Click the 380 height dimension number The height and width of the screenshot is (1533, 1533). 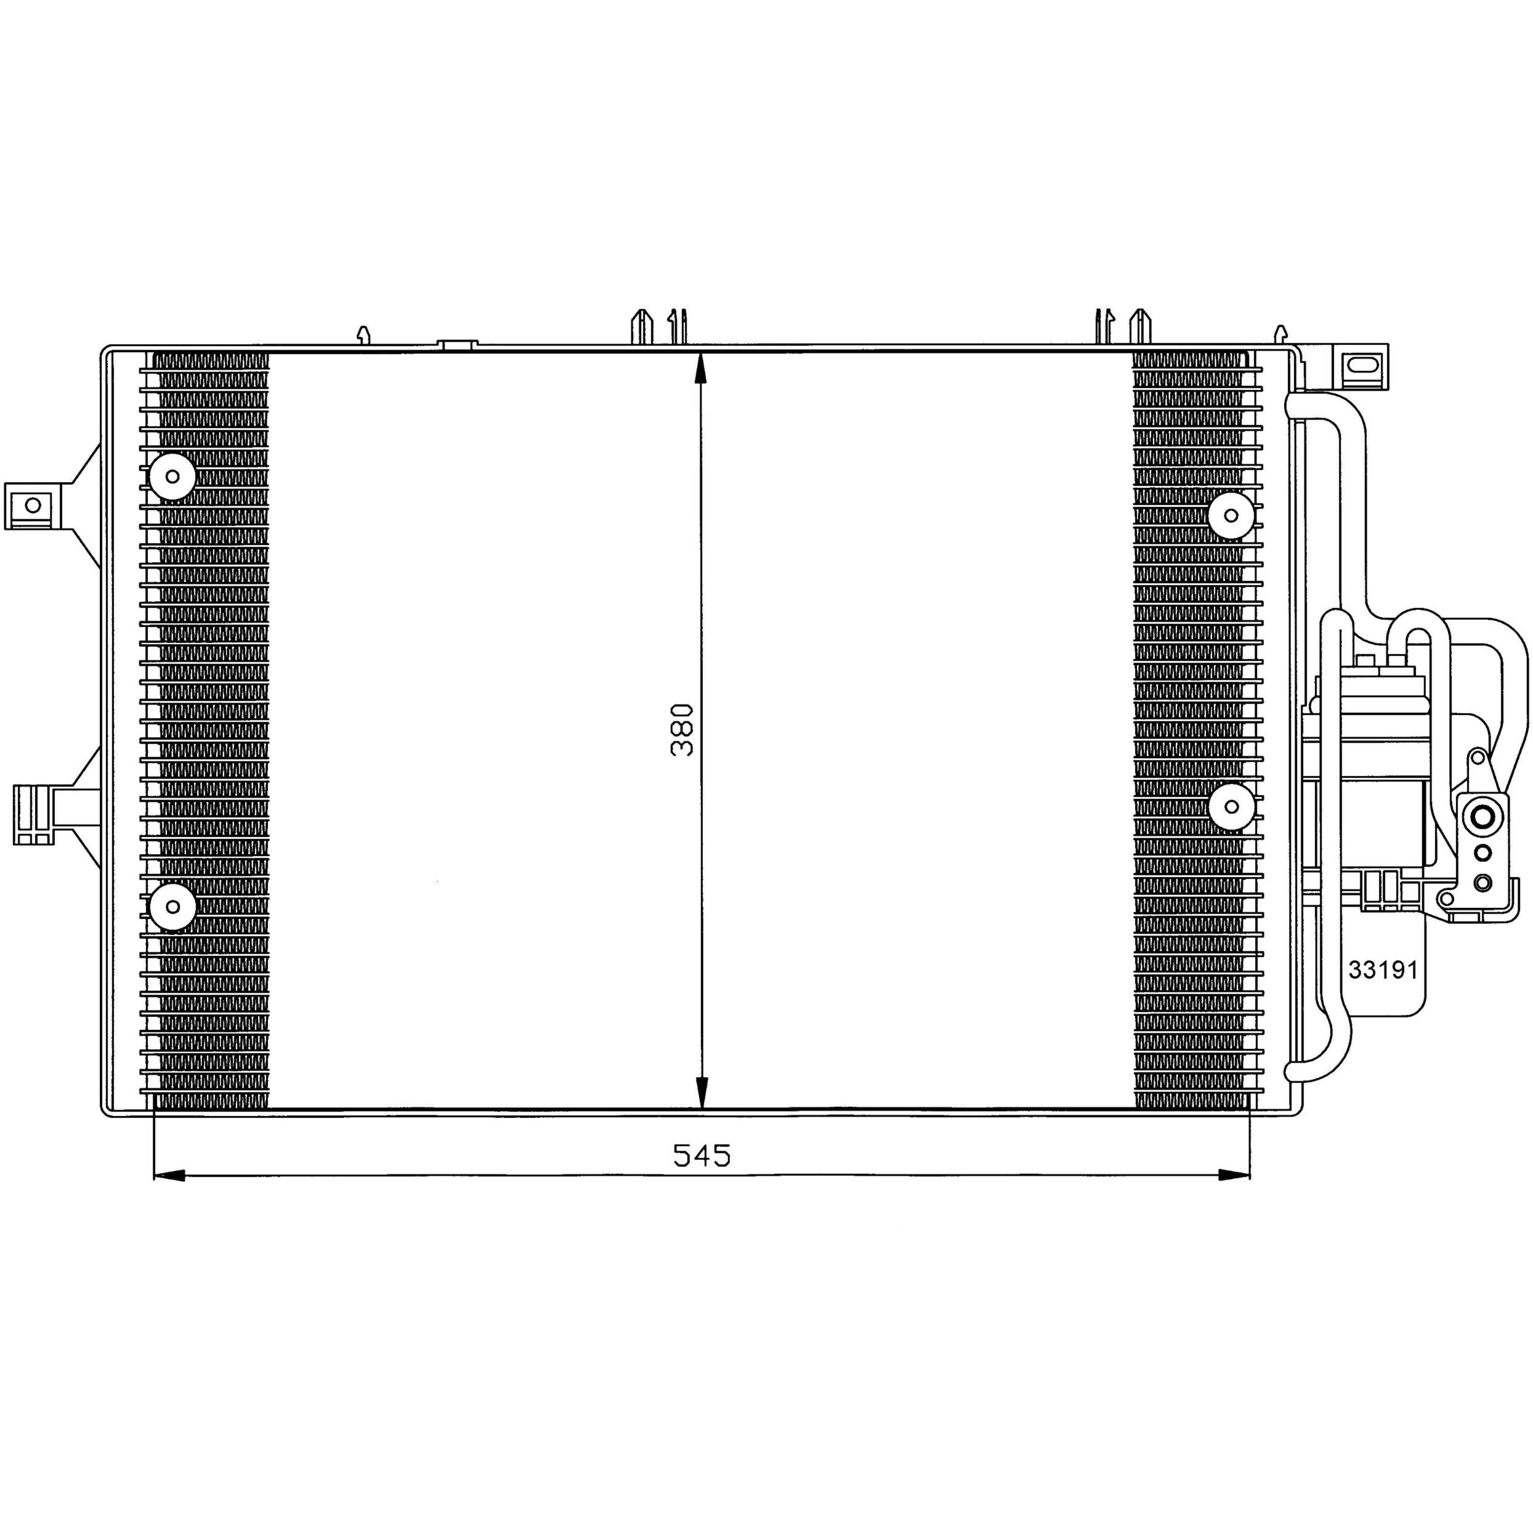tap(682, 729)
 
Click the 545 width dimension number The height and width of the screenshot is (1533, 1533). tap(702, 1156)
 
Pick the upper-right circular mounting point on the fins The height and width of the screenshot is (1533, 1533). tap(1231, 515)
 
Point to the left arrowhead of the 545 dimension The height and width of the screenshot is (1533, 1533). tap(168, 1175)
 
